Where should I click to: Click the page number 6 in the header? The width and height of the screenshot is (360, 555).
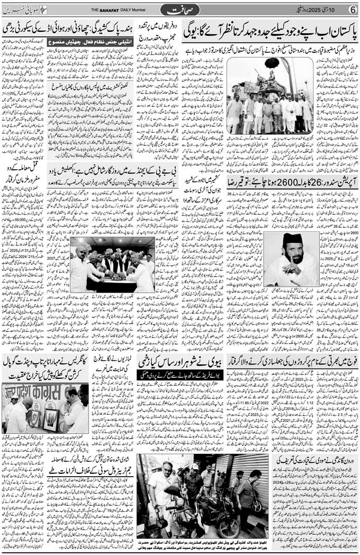352,9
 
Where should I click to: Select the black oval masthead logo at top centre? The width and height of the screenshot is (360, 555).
181,10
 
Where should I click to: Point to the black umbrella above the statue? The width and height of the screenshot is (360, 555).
272,63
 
